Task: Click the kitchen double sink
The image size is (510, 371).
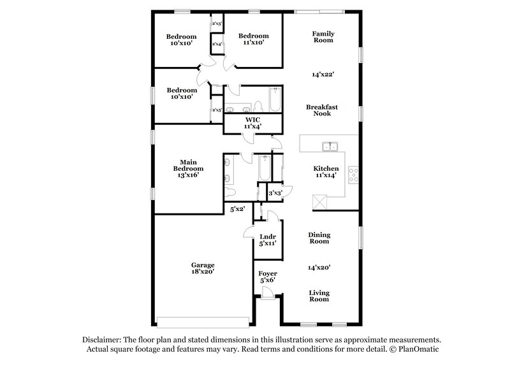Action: [330, 147]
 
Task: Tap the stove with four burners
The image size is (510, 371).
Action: [354, 173]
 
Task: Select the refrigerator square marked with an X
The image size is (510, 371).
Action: [319, 203]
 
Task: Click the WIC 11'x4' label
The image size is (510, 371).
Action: [251, 123]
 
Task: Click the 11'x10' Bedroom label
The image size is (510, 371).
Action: [254, 39]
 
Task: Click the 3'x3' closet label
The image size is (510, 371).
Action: [275, 193]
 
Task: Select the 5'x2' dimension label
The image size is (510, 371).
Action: [238, 208]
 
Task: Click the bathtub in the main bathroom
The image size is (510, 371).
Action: [263, 171]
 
